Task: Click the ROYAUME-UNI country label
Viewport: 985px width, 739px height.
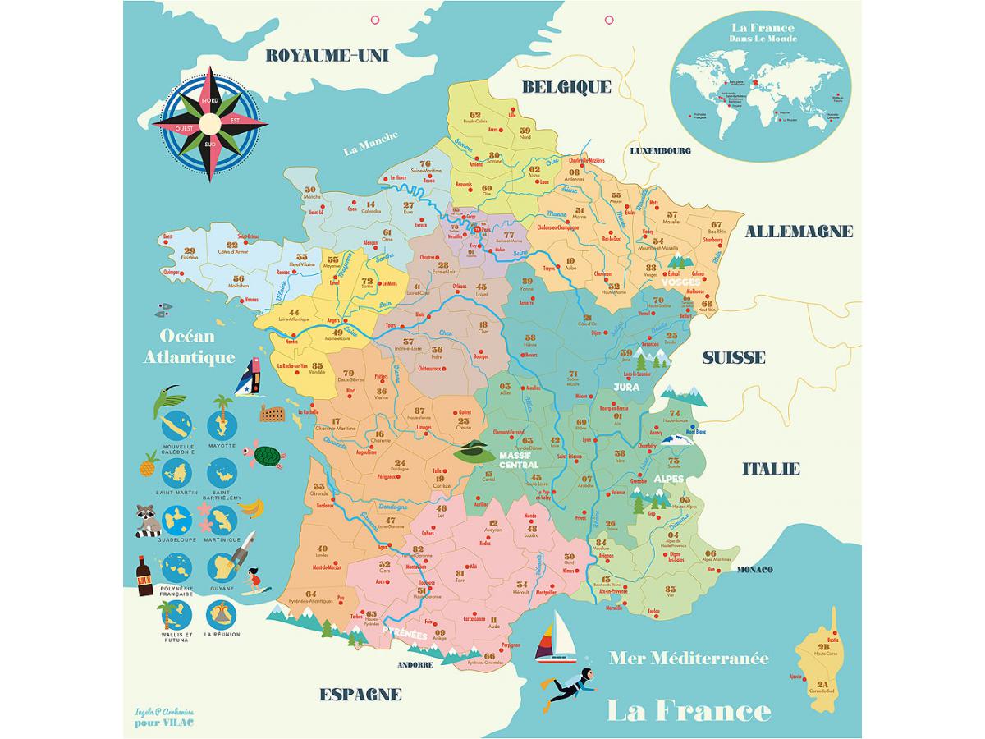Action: pos(328,56)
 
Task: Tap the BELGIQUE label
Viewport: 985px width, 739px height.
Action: pos(566,87)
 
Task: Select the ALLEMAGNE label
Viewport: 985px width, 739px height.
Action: pos(799,232)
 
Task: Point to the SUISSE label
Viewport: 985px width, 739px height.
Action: pos(733,358)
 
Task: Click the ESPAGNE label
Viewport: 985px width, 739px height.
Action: pos(360,695)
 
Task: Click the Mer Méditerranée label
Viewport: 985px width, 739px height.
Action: pos(689,659)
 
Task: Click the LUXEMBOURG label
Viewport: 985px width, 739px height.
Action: pos(661,151)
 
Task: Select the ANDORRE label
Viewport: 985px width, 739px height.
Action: pos(415,665)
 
